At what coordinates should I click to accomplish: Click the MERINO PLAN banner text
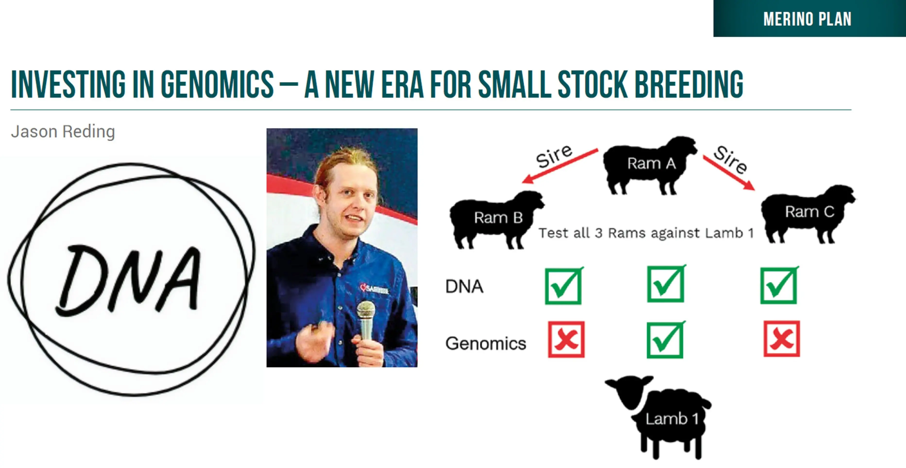coord(807,19)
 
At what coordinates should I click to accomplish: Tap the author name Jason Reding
coord(63,132)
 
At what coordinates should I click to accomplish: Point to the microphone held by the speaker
coord(366,320)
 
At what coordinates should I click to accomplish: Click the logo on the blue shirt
coord(374,289)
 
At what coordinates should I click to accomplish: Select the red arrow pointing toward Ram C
coord(729,173)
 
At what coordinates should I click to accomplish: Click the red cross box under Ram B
coord(566,339)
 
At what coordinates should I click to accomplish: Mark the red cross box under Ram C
coord(781,338)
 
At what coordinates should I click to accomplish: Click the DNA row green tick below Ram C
coord(779,285)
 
